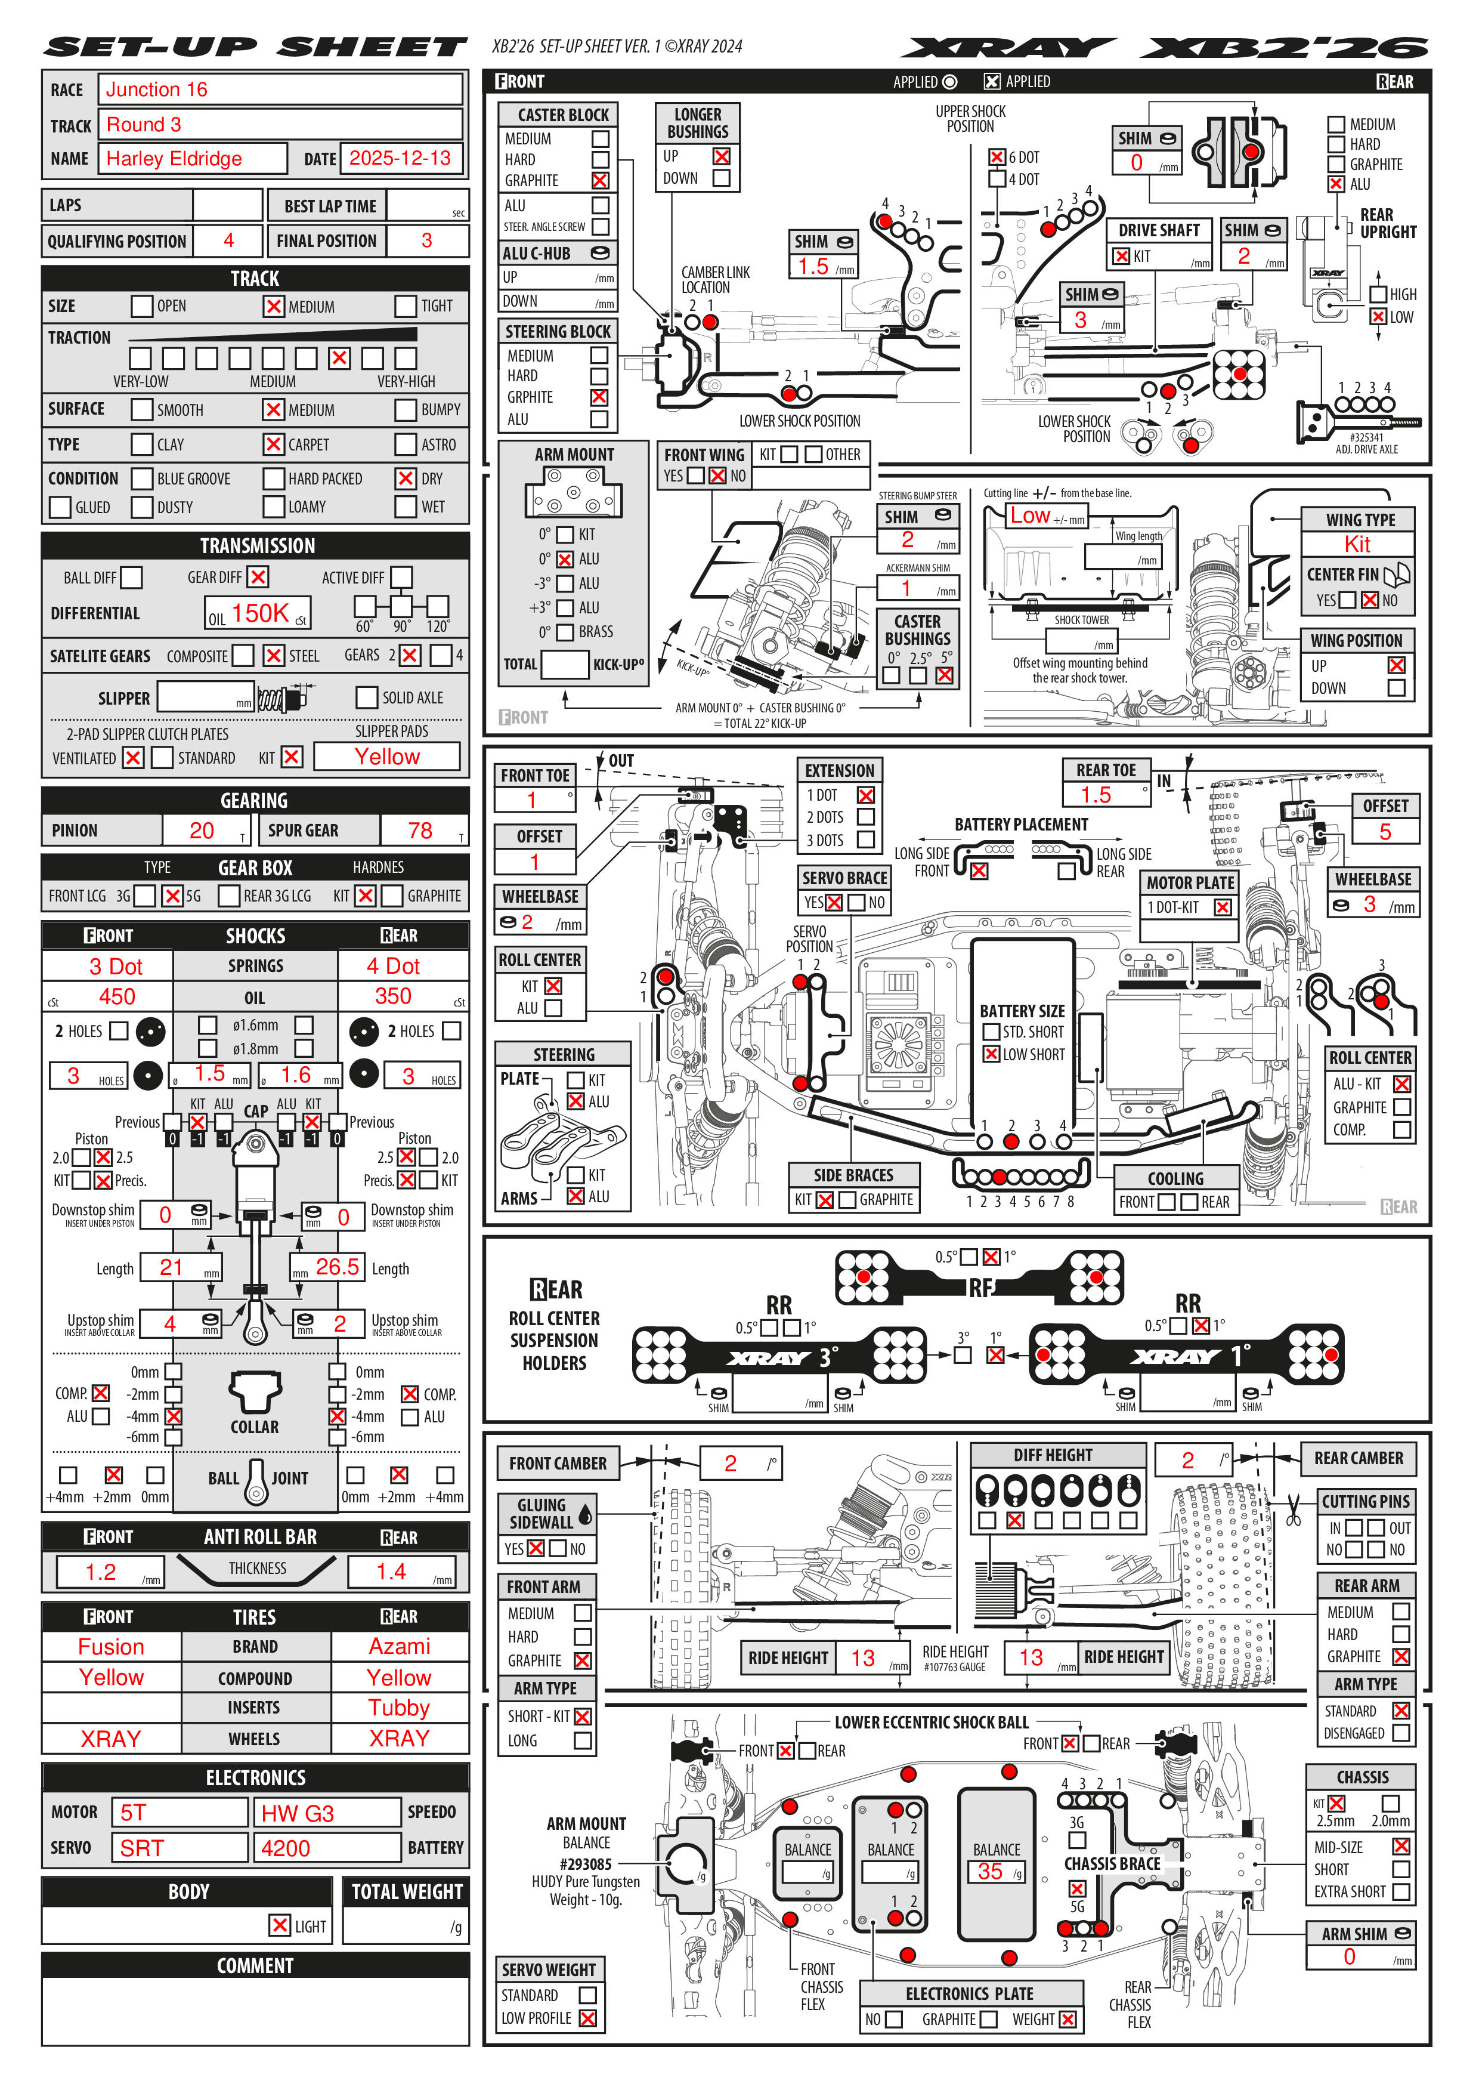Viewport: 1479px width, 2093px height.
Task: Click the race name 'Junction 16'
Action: click(157, 89)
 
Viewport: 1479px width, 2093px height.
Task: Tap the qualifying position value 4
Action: click(229, 240)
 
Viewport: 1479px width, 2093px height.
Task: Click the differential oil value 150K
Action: click(259, 613)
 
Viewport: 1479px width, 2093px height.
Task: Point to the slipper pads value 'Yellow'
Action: click(387, 757)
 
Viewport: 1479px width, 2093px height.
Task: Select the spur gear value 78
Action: click(420, 831)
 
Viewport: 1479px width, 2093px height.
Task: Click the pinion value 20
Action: click(202, 831)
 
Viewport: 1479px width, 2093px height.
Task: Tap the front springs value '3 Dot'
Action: click(116, 967)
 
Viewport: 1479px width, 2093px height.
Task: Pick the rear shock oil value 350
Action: click(393, 996)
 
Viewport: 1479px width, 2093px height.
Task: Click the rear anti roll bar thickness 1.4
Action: click(391, 1572)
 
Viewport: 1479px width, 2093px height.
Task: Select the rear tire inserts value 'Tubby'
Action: click(398, 1708)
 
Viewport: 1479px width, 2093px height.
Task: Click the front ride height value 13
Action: click(862, 1658)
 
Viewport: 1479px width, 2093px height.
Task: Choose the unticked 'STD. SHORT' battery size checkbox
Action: click(992, 1032)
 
